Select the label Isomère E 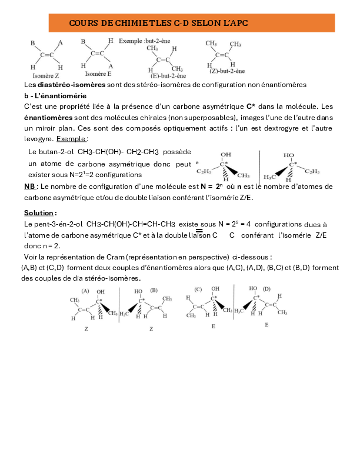click(98, 74)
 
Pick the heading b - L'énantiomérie click(55, 95)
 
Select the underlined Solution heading click(40, 212)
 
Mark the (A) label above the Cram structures click(85, 291)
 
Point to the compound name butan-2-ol click(57, 152)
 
